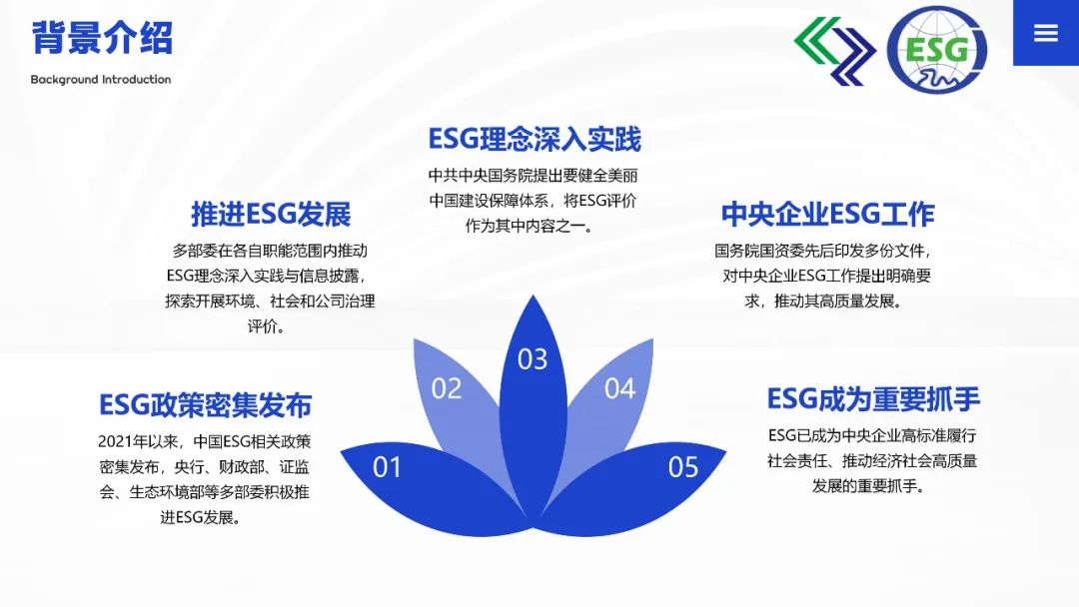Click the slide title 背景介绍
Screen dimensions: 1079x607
click(x=102, y=38)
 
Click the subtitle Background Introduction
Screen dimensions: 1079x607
click(x=101, y=80)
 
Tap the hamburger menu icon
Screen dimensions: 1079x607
click(x=1045, y=32)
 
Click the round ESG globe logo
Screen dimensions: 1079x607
click(x=936, y=50)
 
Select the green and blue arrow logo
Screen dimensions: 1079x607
click(x=834, y=51)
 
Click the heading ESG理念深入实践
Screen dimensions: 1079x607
click(x=534, y=140)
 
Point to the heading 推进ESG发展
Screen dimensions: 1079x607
click(x=271, y=215)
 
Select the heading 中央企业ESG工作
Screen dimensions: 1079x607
click(x=828, y=215)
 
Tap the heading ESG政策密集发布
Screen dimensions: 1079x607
click(x=205, y=405)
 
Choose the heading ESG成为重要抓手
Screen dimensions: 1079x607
click(x=873, y=399)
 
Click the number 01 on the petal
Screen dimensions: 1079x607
click(x=387, y=468)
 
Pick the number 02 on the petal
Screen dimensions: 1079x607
click(x=446, y=389)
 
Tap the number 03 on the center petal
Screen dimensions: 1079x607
click(x=533, y=359)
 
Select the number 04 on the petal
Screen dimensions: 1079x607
click(x=619, y=389)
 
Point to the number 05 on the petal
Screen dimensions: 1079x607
click(x=682, y=468)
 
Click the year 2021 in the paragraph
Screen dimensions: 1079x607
click(x=115, y=442)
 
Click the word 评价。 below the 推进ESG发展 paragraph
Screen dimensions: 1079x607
click(x=267, y=326)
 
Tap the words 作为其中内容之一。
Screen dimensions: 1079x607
click(x=530, y=227)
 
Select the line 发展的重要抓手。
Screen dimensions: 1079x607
click(x=868, y=487)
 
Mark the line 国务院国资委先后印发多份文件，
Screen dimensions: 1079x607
click(x=823, y=251)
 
